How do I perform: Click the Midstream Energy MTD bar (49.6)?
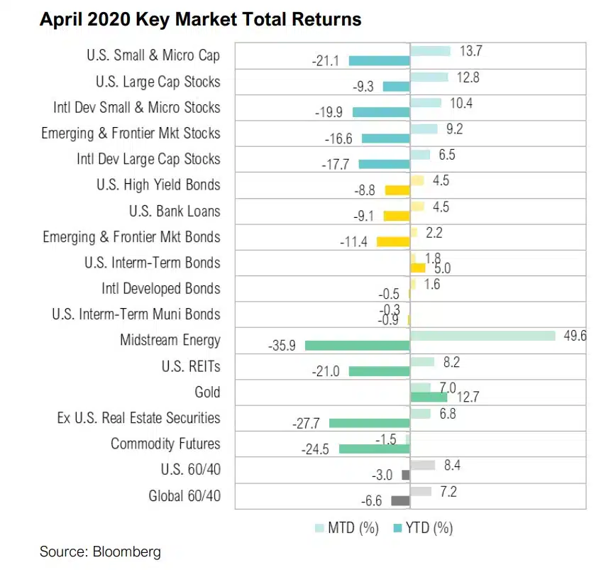(x=483, y=335)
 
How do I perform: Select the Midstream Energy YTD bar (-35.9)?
(x=358, y=346)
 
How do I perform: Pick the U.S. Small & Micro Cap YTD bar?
(x=380, y=61)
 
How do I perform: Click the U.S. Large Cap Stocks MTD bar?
(x=429, y=77)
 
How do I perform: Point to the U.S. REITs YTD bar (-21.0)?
(x=380, y=371)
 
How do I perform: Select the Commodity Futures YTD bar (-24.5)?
(x=375, y=449)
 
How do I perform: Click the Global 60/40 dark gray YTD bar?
(x=401, y=500)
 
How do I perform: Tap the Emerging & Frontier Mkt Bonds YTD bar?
(x=394, y=242)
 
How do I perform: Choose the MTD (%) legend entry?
(x=347, y=527)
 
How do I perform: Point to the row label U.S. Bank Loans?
(x=175, y=211)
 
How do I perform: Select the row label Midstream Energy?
(x=170, y=340)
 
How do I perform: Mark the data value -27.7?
(x=306, y=423)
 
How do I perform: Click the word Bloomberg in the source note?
(x=127, y=551)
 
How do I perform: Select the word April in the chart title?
(x=60, y=20)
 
